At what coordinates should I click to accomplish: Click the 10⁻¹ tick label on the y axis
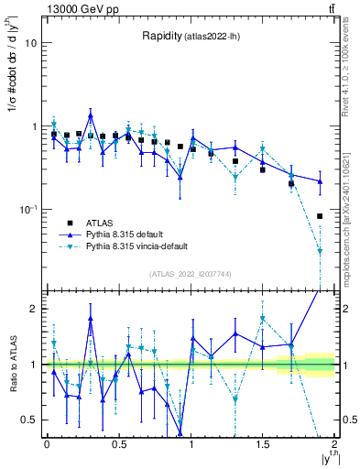[27, 210]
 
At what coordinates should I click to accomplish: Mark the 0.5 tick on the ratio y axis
[29, 420]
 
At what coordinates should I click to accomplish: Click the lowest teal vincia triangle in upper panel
[320, 251]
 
